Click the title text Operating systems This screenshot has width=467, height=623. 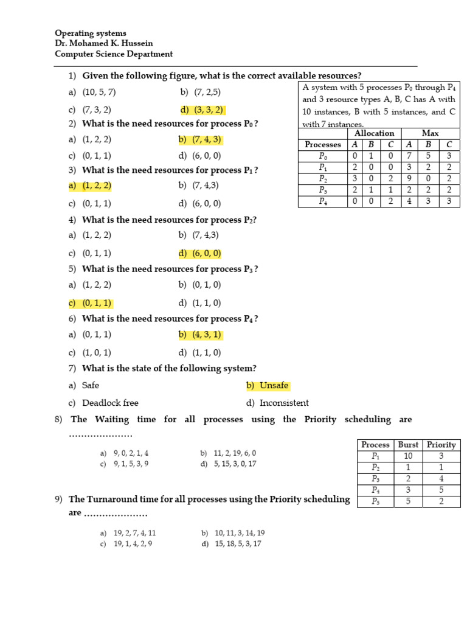91,33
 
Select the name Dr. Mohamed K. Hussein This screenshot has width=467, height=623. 103,43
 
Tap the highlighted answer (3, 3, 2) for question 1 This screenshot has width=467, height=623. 202,110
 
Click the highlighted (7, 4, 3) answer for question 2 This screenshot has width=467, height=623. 200,140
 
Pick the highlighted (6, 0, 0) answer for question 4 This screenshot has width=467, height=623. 200,254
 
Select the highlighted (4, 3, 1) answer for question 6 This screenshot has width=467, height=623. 200,335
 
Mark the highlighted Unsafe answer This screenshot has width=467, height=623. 268,386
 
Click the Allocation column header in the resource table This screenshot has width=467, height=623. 374,133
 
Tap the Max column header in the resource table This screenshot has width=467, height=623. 430,133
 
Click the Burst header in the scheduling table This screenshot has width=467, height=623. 408,445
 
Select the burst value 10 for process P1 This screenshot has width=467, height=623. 408,456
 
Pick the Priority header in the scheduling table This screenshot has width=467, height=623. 441,445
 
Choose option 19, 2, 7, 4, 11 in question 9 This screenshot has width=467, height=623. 128,532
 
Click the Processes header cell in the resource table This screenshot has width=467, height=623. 322,145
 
